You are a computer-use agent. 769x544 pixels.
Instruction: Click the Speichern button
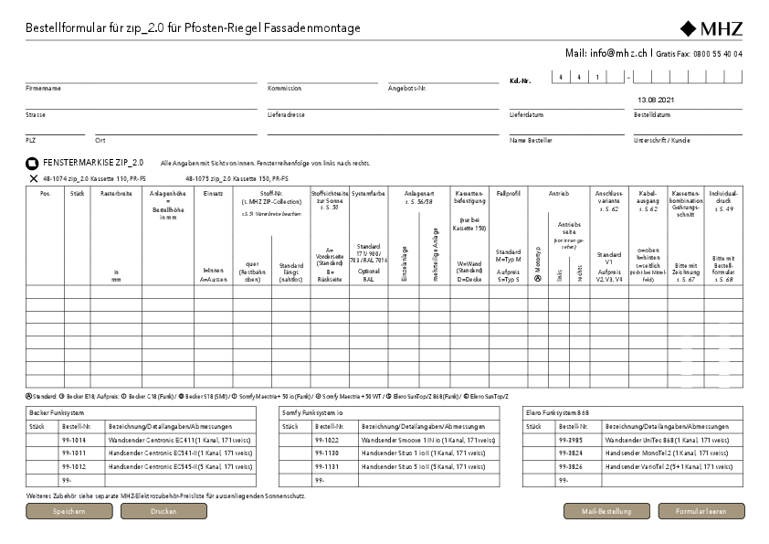pos(69,511)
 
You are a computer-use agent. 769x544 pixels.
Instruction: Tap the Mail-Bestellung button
pos(606,511)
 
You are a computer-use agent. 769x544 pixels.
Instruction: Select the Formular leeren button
pos(701,511)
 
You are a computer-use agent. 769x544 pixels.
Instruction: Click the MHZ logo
pos(711,27)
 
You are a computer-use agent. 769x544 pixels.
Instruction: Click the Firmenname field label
pos(43,89)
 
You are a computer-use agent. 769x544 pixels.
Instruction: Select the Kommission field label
pos(284,89)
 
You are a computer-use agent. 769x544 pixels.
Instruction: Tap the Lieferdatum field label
pos(527,115)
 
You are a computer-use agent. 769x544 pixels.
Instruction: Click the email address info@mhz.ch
pos(619,54)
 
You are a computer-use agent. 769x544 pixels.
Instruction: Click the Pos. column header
pos(45,194)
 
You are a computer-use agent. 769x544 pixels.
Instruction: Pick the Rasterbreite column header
pos(116,194)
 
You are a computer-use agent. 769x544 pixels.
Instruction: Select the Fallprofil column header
pos(508,194)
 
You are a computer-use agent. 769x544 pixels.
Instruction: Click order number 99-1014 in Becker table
pos(74,440)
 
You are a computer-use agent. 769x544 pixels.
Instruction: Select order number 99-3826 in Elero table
pos(571,465)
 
